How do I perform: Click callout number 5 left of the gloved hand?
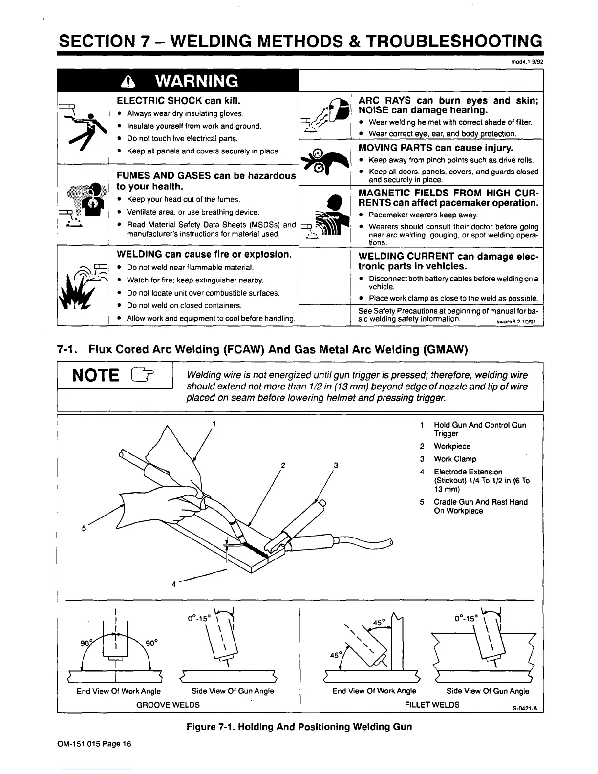84,528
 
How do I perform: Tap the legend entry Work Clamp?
454,459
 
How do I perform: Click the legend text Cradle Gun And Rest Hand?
480,502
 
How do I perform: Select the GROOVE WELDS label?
168,705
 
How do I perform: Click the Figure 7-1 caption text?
299,727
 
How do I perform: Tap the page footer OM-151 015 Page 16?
94,743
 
